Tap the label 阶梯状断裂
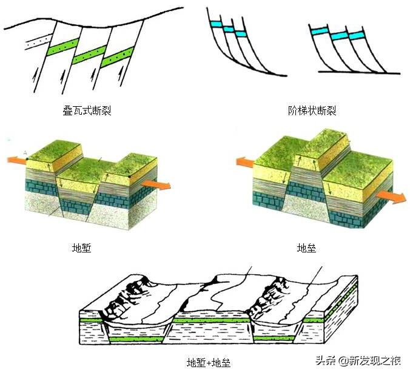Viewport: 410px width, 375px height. pyautogui.click(x=312, y=111)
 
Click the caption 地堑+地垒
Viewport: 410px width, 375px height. pyautogui.click(x=208, y=363)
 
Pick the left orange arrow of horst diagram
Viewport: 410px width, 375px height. pyautogui.click(x=246, y=162)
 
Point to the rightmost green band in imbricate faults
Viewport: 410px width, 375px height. pyautogui.click(x=116, y=58)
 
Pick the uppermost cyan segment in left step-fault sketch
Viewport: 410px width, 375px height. pyautogui.click(x=215, y=23)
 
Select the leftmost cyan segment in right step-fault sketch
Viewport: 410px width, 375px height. pyautogui.click(x=318, y=30)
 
